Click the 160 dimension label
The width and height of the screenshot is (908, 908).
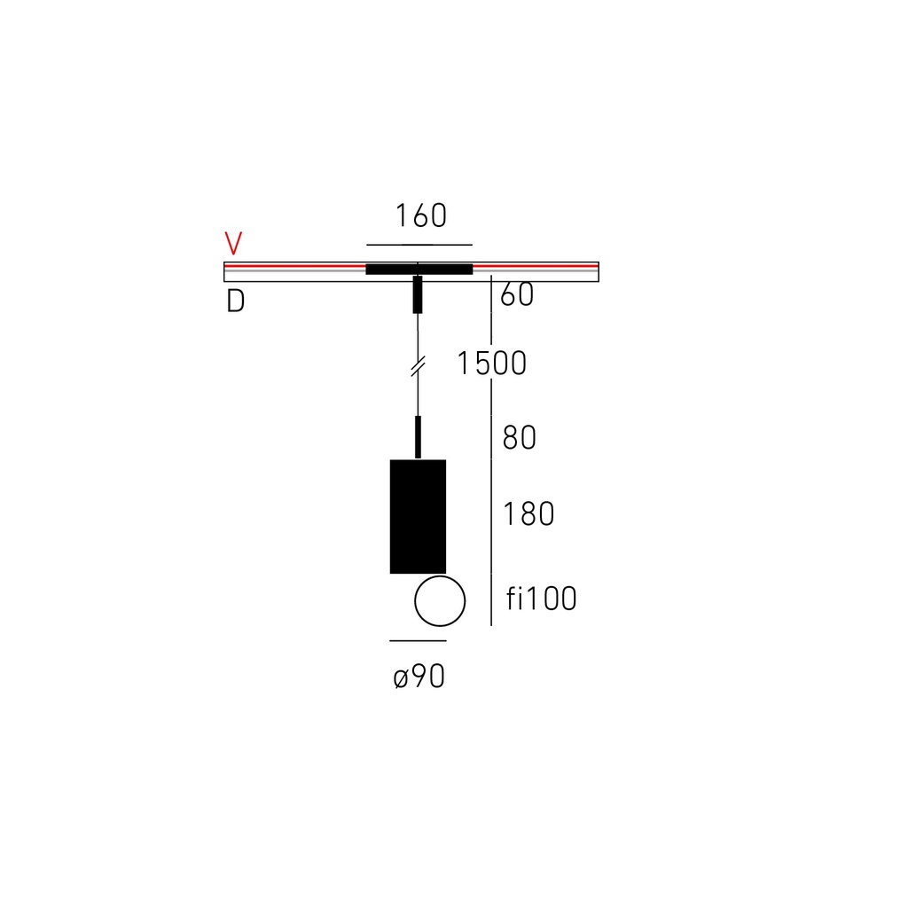pos(421,215)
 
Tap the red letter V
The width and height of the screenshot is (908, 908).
pos(233,243)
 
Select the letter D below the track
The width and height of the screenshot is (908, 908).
pos(235,301)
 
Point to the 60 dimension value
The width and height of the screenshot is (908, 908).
pos(517,294)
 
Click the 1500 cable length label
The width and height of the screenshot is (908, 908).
pos(491,364)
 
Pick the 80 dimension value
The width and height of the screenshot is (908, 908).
pos(519,437)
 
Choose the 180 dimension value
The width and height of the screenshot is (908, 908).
pos(528,513)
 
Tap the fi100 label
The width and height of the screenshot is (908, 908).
pos(542,599)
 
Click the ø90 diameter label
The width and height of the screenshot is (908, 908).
pos(419,676)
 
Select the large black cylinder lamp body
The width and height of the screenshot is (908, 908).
pos(419,517)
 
